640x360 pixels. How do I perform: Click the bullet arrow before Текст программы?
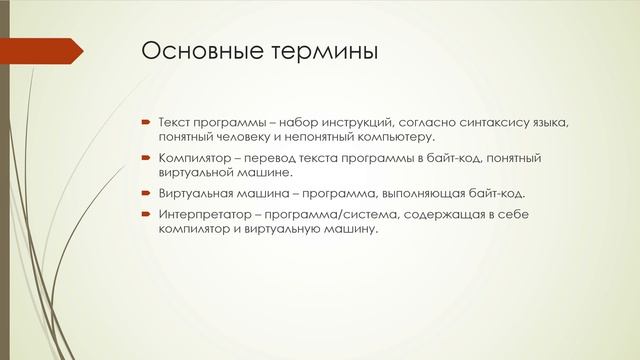pyautogui.click(x=145, y=122)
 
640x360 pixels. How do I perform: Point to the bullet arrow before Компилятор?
pyautogui.click(x=145, y=158)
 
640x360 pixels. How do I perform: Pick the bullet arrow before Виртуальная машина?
pyautogui.click(x=145, y=193)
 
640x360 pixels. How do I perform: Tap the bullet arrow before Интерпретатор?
pyautogui.click(x=145, y=215)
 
